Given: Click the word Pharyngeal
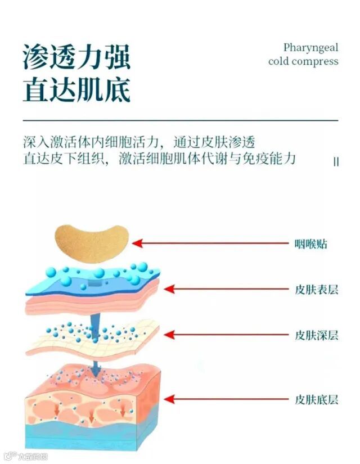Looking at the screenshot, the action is tap(310, 47).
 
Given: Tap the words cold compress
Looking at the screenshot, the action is tap(303, 61).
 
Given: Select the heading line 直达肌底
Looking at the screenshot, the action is tap(76, 89).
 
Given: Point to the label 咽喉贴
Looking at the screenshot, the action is tap(310, 244).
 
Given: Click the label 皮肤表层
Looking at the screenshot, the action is tap(317, 290).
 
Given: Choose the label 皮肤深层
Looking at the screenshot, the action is tap(317, 335).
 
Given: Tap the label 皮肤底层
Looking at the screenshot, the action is tap(317, 400).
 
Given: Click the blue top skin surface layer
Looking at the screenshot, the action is tap(96, 281).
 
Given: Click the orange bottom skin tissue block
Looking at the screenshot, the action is tap(93, 402).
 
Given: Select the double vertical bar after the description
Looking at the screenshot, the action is tap(336, 161).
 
